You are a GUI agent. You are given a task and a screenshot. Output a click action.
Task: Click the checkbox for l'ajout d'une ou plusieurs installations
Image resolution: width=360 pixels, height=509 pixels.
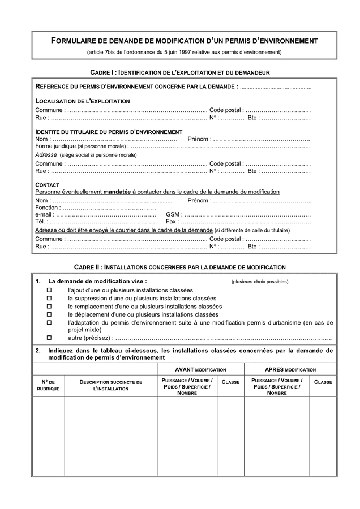coord(49,290)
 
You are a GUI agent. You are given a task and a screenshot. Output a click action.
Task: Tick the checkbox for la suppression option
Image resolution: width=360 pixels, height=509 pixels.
coord(49,298)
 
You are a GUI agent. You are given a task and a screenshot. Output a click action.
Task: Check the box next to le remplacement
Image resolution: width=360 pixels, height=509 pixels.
coord(49,307)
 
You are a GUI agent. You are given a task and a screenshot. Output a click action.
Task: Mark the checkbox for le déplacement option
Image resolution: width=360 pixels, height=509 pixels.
coord(49,314)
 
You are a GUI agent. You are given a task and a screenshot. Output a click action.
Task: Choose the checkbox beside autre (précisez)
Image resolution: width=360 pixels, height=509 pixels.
coord(49,338)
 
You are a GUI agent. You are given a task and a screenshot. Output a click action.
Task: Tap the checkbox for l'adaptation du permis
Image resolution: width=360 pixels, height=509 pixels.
coord(49,322)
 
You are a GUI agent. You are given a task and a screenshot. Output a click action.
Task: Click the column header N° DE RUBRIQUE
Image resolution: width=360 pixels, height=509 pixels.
coord(48,386)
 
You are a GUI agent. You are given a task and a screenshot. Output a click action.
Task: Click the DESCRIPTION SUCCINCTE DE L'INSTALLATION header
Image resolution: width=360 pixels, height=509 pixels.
coord(110,386)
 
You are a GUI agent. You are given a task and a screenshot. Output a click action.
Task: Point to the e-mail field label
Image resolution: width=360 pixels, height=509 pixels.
coord(44,215)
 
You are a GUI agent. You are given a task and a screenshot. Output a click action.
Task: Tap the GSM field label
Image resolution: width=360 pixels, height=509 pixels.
coord(173,215)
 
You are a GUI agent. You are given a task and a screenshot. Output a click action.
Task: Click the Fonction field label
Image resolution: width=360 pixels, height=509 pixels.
coord(47,208)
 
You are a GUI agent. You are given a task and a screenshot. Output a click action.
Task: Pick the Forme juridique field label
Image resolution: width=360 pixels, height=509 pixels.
coord(55,146)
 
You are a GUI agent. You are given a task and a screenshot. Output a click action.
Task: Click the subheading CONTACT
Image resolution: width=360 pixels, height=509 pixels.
coord(48,185)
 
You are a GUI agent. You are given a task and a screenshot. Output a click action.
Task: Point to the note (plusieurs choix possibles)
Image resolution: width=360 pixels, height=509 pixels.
coord(259,282)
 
